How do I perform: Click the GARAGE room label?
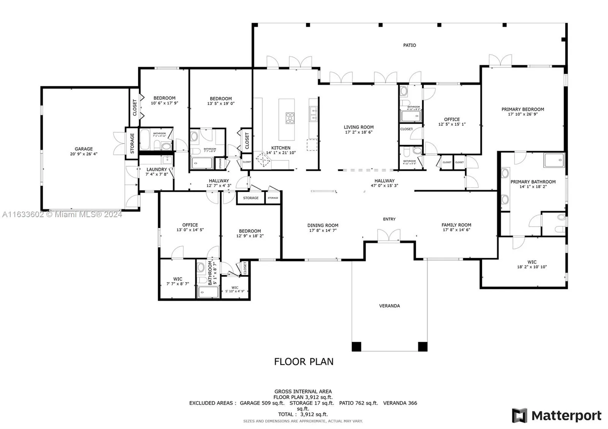pos(84,149)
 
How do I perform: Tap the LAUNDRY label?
pos(157,169)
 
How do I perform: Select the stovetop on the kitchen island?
pos(290,118)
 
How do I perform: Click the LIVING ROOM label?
pos(359,127)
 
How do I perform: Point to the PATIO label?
pos(409,45)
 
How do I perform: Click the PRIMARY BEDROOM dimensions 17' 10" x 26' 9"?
pos(522,114)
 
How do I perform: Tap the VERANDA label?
pos(389,306)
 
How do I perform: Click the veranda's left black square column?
pos(356,346)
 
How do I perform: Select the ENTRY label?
pos(389,219)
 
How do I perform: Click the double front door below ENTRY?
pos(388,235)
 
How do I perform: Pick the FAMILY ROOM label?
pos(456,225)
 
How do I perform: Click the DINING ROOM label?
pos(323,225)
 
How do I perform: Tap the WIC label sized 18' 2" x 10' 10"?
pos(532,262)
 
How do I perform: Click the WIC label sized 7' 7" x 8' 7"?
pos(177,279)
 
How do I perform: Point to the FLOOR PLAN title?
pos(304,361)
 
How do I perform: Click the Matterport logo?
pos(557,416)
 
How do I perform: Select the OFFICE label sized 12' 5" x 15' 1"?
pos(452,119)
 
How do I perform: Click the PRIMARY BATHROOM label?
pos(533,182)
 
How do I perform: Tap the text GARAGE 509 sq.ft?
pos(262,403)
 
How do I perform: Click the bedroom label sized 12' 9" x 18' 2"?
pos(250,231)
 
